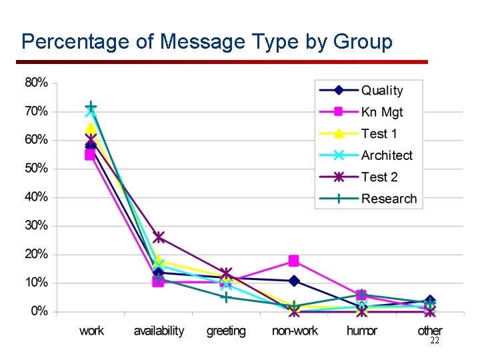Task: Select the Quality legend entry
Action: pos(382,91)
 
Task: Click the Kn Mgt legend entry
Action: pos(382,112)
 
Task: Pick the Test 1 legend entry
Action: pos(379,133)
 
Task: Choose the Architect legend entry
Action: pos(387,155)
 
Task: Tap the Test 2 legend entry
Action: pos(379,177)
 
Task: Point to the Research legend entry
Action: pos(389,199)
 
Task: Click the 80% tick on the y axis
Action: pos(36,83)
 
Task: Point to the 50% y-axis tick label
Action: pos(36,169)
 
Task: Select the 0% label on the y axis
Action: pos(39,311)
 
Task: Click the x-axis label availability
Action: pos(159,331)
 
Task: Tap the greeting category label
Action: pos(226,331)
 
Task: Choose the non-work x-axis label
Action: pos(294,331)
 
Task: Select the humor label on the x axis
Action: pos(362,331)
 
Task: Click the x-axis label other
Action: pos(429,331)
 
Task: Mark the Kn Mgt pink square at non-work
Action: pos(294,261)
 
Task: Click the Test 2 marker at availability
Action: pos(159,237)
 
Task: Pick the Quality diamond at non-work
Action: pos(294,281)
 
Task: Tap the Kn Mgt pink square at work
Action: pos(91,155)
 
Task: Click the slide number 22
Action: pos(434,340)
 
